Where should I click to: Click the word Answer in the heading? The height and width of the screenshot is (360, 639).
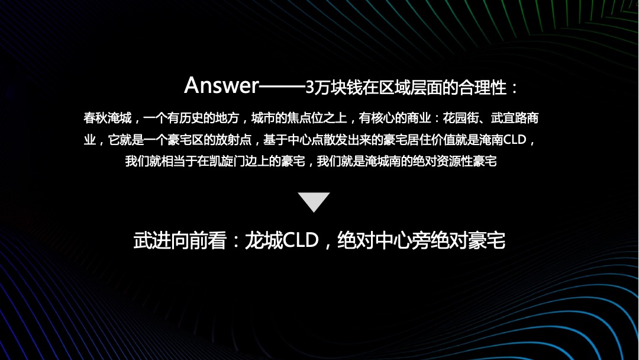(x=221, y=86)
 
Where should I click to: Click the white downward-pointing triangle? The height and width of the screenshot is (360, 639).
(x=314, y=201)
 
